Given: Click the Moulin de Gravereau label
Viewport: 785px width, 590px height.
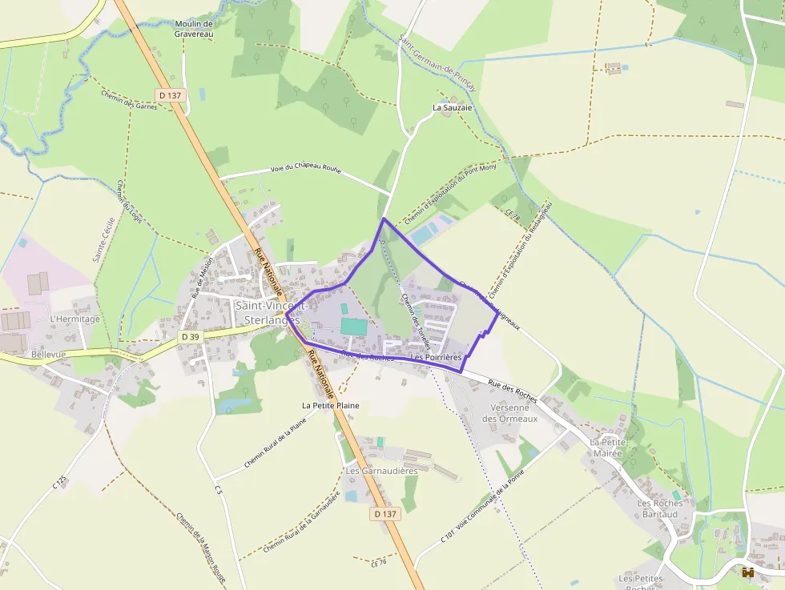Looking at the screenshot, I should [193, 29].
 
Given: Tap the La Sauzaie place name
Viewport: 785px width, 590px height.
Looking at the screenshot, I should [453, 106].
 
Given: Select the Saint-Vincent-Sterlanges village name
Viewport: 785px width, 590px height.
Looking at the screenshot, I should [268, 312].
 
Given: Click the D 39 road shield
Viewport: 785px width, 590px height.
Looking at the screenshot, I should [190, 337].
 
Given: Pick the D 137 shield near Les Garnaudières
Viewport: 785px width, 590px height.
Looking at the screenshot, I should [384, 514].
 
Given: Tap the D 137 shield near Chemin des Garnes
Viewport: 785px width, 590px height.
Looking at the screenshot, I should [171, 95].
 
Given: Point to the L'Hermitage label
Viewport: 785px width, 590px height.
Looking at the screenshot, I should [74, 319].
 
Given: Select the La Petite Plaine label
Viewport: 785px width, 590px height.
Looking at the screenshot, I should [330, 406].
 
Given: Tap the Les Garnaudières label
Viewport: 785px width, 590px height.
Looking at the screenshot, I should [382, 471].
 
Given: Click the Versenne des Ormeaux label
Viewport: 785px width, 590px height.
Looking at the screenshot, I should [509, 413].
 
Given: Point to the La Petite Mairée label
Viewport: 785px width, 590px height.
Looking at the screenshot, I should [607, 447].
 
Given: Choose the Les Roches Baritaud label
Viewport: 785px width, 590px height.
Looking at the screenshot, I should [660, 508].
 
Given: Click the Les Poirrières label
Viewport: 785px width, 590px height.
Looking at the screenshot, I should [436, 356].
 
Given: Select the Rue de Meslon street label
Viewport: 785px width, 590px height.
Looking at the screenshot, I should [203, 276].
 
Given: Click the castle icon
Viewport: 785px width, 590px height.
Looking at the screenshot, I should [748, 572].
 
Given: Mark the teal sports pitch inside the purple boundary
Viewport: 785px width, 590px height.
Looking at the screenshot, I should [353, 326].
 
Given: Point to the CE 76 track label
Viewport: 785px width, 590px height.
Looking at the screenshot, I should [379, 563].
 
